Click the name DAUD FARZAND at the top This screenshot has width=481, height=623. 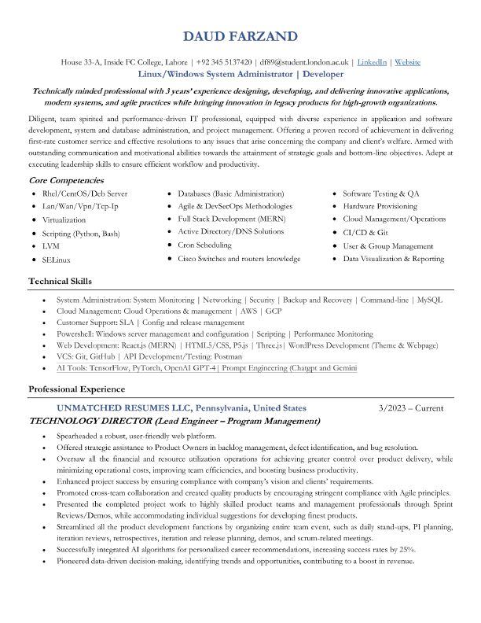pos(240,37)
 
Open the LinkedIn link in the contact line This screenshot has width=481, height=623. pos(372,61)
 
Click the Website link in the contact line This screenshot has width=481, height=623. pos(407,61)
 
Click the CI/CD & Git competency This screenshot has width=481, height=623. pos(365,232)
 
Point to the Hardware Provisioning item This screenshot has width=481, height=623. pos(380,206)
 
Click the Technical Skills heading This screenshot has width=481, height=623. pos(60,281)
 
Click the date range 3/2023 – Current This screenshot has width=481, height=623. pos(410,408)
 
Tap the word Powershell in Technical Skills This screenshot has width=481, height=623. pos(75,334)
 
